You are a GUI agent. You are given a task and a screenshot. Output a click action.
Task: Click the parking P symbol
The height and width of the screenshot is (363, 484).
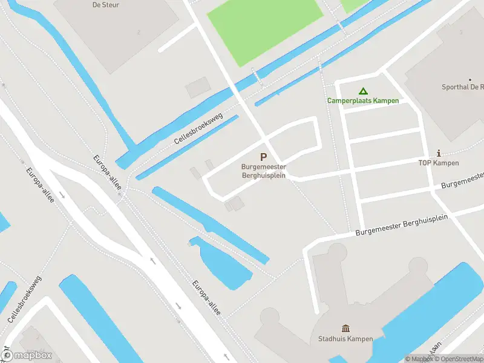point(263,157)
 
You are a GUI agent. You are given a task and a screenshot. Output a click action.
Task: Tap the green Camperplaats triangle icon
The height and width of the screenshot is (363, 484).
point(363,91)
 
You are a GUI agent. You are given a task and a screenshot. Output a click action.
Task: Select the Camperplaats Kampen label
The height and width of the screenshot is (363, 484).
point(363,100)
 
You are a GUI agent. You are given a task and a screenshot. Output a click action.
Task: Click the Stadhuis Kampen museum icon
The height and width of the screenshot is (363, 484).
point(345,329)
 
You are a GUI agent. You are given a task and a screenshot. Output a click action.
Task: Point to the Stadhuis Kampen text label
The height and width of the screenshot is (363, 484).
point(345,339)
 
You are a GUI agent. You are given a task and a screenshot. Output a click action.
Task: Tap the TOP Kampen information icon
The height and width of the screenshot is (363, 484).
point(439,153)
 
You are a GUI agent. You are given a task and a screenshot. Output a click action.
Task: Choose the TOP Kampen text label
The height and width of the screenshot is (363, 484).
point(439,163)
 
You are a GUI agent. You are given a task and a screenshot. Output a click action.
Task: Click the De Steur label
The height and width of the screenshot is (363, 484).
point(105,5)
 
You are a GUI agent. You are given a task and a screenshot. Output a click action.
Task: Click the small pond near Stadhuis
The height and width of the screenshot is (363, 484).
point(224,263)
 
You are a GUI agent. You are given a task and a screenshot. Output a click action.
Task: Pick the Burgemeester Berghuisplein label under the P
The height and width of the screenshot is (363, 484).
point(264,171)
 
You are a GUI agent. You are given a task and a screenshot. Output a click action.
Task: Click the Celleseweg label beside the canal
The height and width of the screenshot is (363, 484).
point(198,128)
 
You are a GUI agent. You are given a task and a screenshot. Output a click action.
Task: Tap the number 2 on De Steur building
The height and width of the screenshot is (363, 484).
point(139,32)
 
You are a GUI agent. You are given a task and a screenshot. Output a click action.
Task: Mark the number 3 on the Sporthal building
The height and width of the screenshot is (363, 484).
point(461,32)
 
